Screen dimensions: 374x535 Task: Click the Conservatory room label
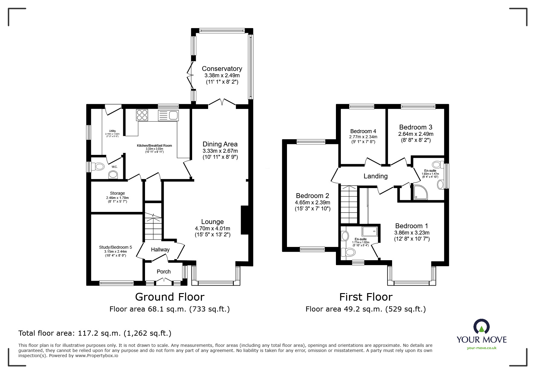click(222, 69)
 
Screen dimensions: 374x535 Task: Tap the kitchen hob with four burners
click(142, 115)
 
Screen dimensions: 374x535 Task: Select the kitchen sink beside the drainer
click(173, 115)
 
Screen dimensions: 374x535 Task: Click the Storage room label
click(117, 193)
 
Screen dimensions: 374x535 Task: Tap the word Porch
click(164, 272)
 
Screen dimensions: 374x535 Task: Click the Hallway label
click(160, 250)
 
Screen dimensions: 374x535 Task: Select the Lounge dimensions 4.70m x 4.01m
click(212, 229)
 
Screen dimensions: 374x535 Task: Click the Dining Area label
click(220, 144)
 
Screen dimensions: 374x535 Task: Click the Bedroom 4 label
click(363, 131)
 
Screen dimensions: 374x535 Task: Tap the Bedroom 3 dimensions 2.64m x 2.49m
click(416, 134)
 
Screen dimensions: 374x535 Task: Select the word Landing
click(375, 176)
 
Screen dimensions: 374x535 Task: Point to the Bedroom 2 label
click(312, 196)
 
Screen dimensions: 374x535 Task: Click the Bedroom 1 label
click(411, 226)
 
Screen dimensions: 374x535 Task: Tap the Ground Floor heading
click(169, 297)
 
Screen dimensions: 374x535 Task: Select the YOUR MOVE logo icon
click(481, 327)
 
